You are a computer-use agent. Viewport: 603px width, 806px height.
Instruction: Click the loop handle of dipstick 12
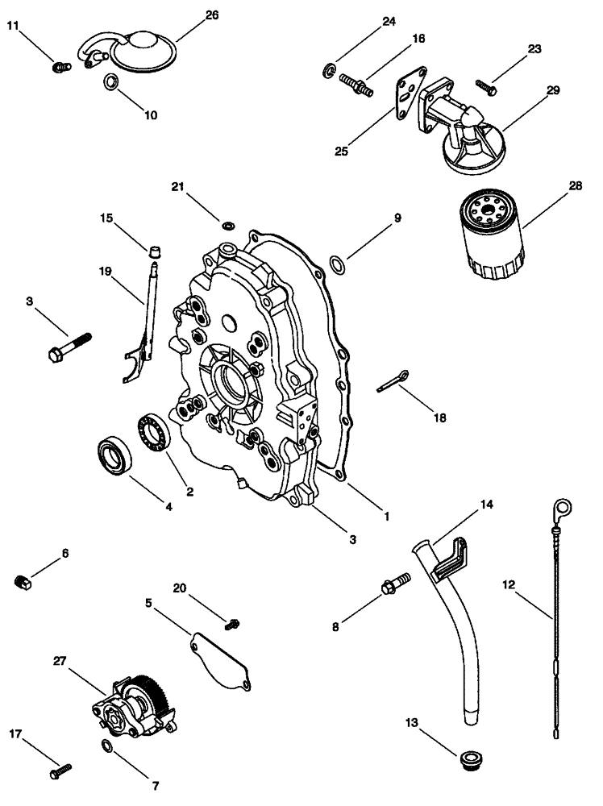tap(562, 507)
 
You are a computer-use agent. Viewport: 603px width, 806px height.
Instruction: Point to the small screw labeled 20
tap(234, 621)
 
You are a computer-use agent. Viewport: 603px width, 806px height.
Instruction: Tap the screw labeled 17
tap(60, 772)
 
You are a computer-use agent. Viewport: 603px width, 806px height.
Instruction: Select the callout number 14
tap(486, 504)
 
